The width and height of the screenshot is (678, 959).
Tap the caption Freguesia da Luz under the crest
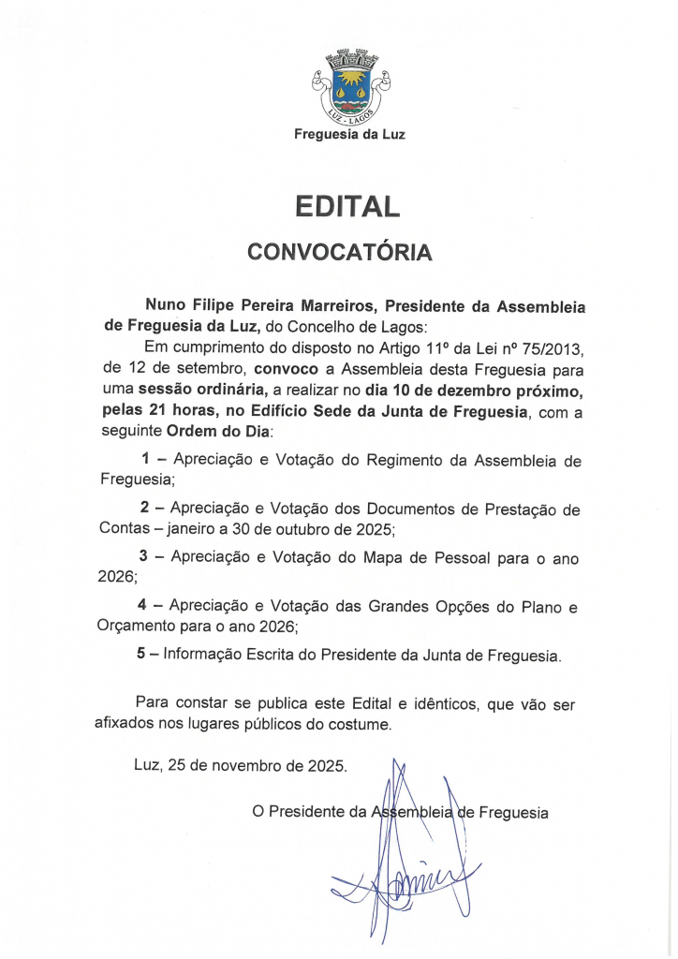click(349, 134)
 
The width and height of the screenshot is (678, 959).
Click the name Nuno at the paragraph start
click(167, 306)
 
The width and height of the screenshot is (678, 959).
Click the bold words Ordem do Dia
click(218, 432)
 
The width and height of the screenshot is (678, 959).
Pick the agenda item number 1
click(145, 461)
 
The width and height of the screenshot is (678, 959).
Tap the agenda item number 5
click(141, 655)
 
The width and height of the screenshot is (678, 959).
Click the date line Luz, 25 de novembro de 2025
click(241, 765)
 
